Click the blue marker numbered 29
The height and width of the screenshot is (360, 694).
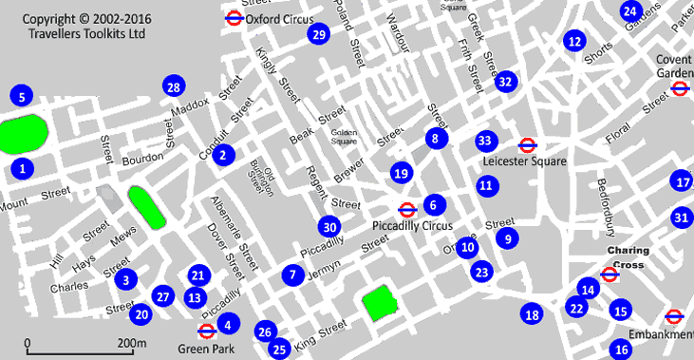tap(319, 35)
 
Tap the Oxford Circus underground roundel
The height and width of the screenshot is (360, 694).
tap(233, 18)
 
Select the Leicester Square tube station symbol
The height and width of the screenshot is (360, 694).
tap(528, 145)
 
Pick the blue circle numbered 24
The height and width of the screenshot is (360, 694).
tap(630, 11)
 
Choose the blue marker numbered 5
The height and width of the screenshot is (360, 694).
tap(20, 95)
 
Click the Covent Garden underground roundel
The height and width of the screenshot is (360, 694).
tap(679, 89)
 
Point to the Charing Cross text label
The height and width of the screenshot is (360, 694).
tap(628, 256)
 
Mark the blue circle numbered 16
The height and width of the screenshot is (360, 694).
tap(621, 349)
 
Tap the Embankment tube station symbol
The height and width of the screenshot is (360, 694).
tap(674, 316)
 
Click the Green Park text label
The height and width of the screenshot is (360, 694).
tap(200, 347)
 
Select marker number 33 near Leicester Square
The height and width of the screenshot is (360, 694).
tap(486, 141)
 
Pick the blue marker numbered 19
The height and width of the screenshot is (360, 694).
tap(402, 173)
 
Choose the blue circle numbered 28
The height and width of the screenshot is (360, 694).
tap(172, 87)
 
